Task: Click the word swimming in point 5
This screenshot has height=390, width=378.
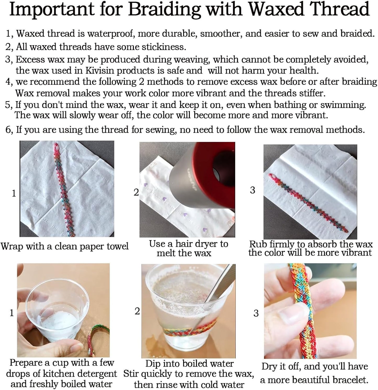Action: pyautogui.click(x=343, y=105)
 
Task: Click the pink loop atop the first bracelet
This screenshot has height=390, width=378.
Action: pyautogui.click(x=56, y=150)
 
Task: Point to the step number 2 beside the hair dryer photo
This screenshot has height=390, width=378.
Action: pyautogui.click(x=136, y=192)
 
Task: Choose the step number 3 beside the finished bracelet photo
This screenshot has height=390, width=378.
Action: pyautogui.click(x=256, y=313)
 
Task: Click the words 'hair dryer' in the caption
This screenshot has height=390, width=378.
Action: pyautogui.click(x=197, y=244)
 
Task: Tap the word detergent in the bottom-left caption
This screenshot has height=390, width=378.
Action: pyautogui.click(x=94, y=374)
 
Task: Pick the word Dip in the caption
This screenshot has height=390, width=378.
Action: pyautogui.click(x=153, y=364)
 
